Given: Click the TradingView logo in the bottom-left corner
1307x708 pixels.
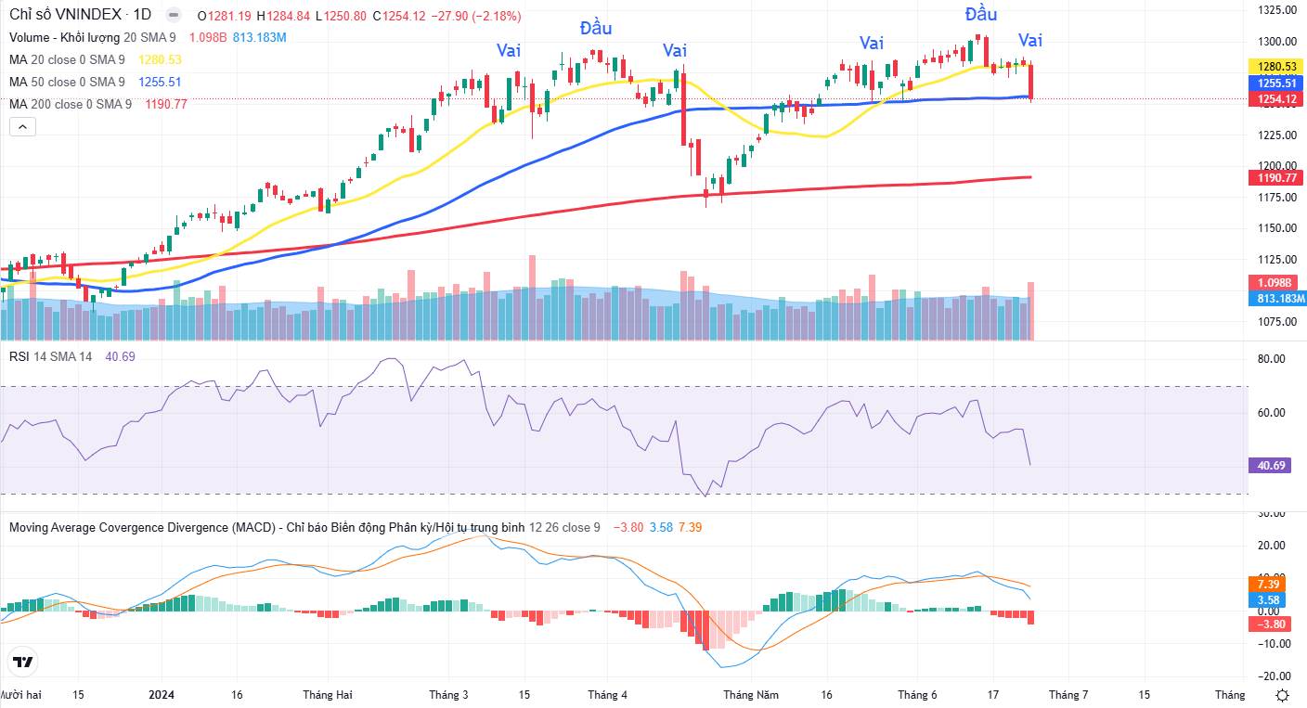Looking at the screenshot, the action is click(x=23, y=662).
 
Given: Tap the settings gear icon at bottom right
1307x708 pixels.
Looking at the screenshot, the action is click(x=1282, y=695).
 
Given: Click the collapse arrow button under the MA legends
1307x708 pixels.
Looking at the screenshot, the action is click(x=22, y=126).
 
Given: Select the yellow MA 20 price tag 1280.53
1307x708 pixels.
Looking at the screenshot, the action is click(x=1276, y=67).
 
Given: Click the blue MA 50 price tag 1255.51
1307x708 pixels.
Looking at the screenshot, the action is click(x=1276, y=83).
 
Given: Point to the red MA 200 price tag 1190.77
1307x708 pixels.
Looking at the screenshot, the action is click(x=1276, y=178).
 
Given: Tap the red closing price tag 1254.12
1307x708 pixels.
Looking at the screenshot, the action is click(x=1276, y=99).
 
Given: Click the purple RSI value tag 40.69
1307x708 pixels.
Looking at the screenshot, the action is click(x=1272, y=466).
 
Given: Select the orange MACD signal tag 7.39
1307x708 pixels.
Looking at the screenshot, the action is click(x=1268, y=585).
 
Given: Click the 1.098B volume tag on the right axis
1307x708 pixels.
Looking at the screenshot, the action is click(x=1275, y=283).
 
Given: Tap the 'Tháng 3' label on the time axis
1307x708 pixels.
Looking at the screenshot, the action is click(x=448, y=695).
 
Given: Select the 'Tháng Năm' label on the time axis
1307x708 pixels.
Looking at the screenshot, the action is click(x=750, y=695).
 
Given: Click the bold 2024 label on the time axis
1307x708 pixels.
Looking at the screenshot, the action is click(x=162, y=695).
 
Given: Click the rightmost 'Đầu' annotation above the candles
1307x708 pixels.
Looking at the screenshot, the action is click(x=981, y=13).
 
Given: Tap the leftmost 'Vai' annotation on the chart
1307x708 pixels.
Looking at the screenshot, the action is click(x=508, y=50).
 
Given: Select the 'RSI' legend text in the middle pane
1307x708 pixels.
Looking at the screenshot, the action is click(x=19, y=356).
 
